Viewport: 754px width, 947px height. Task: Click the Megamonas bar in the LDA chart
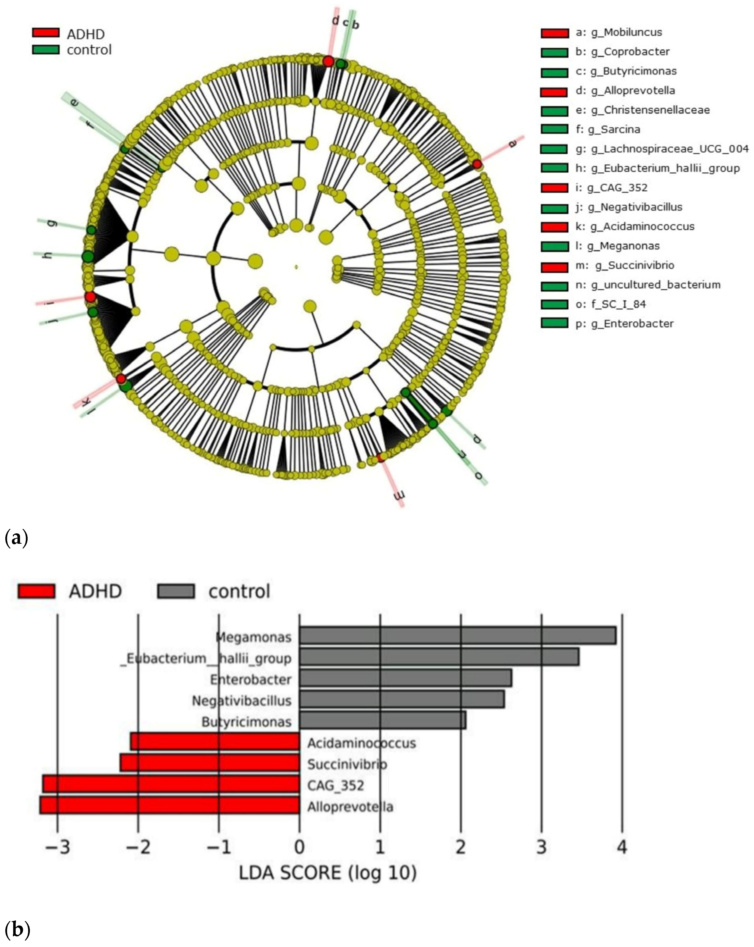[x=457, y=636]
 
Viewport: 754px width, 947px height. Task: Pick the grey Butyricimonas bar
[x=382, y=722]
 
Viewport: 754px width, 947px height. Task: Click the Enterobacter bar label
[x=250, y=679]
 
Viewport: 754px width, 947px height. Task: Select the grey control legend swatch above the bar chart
[x=176, y=591]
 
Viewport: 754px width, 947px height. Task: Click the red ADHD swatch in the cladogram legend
[x=46, y=33]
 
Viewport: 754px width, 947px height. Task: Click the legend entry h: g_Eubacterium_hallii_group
[x=657, y=168]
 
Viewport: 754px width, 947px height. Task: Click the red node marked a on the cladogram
[x=477, y=164]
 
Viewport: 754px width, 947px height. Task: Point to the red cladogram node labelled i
[x=90, y=297]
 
